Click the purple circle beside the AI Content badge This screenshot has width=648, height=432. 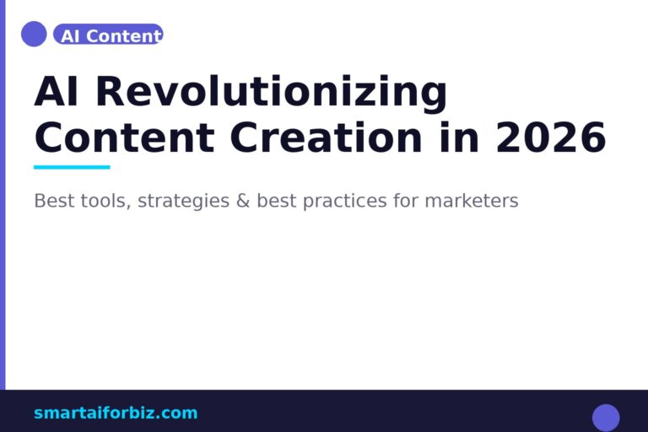point(34,34)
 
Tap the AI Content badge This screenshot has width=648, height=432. point(108,35)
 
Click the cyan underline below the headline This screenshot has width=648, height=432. point(72,167)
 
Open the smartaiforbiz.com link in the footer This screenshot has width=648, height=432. point(116,413)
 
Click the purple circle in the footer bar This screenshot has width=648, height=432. point(606,418)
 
